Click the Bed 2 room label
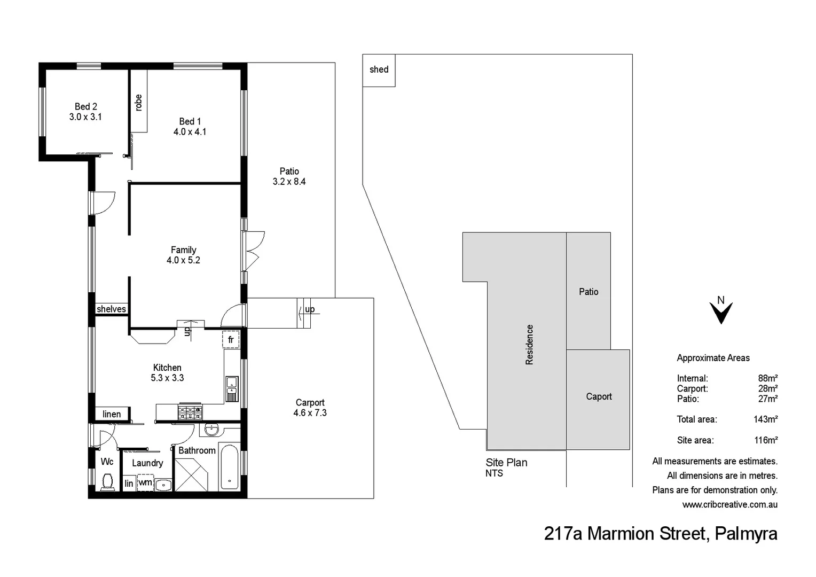tap(85, 106)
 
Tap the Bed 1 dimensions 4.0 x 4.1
tap(190, 132)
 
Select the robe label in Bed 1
tap(139, 102)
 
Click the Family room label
tap(183, 250)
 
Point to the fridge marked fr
tap(231, 340)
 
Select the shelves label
tap(111, 309)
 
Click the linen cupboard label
tap(112, 414)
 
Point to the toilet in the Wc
tap(107, 482)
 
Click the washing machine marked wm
tap(145, 482)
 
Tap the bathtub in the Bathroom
tap(230, 467)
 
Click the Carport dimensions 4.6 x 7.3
tap(310, 413)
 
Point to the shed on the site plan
tap(379, 70)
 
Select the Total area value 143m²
tap(765, 419)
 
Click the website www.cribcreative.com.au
tap(729, 504)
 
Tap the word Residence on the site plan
tap(529, 345)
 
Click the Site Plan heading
tap(506, 463)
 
